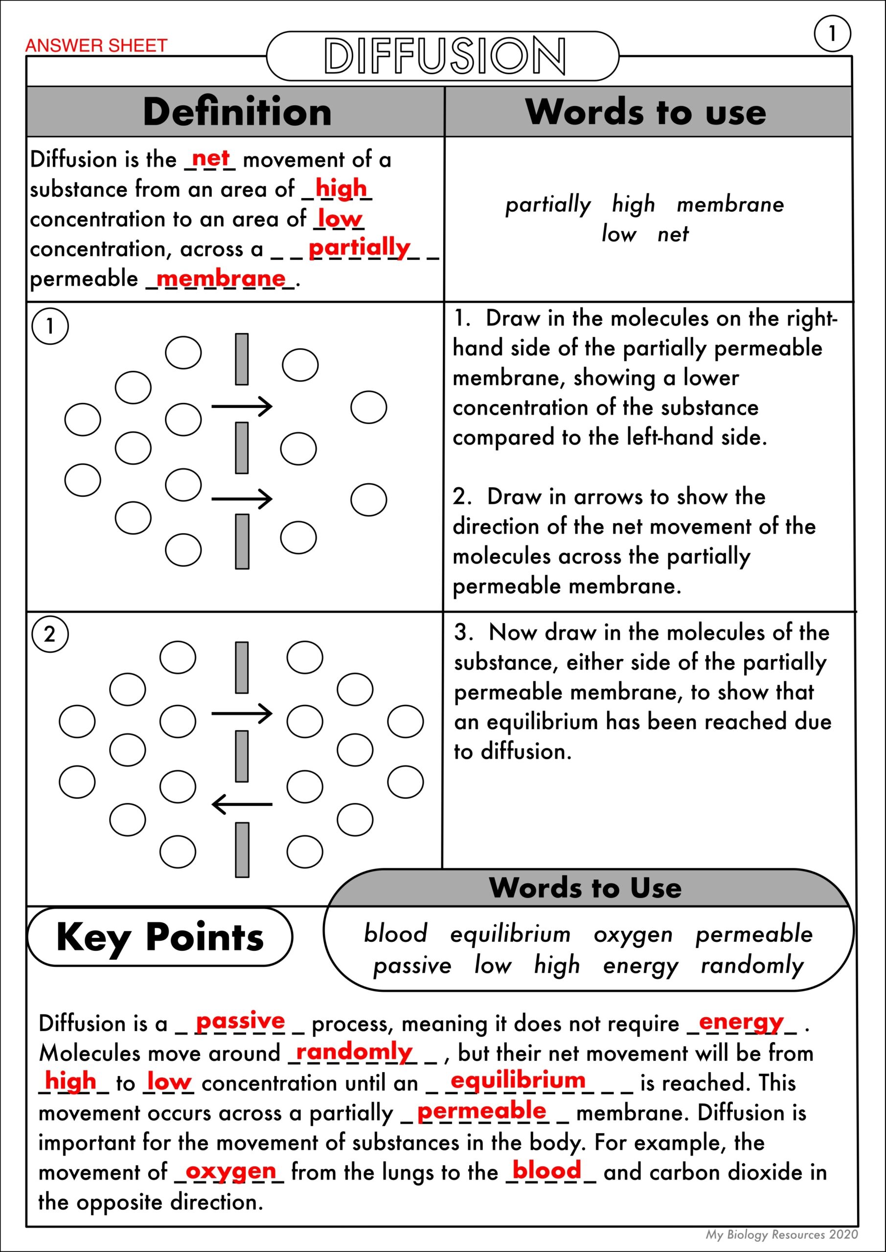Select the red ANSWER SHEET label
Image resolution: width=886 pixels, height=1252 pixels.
click(96, 46)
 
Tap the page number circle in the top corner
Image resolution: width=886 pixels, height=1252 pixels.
click(832, 34)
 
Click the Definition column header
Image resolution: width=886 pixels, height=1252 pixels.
click(237, 112)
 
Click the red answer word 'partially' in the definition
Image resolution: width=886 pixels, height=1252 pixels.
click(359, 248)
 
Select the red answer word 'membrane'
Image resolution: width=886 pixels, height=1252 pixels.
click(221, 279)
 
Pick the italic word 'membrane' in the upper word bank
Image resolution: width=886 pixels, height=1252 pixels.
click(730, 204)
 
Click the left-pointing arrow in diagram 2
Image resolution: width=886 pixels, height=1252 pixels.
click(242, 805)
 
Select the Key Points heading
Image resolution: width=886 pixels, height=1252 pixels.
click(160, 937)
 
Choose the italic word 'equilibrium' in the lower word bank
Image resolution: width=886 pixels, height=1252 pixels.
click(510, 934)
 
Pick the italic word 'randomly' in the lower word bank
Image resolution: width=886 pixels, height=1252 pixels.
click(752, 966)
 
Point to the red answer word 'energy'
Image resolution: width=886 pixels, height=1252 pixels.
click(741, 1023)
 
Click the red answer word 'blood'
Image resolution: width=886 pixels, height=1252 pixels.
click(546, 1171)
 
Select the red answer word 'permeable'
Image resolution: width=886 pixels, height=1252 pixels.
click(481, 1112)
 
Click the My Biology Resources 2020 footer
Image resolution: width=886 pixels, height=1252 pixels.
click(782, 1234)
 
